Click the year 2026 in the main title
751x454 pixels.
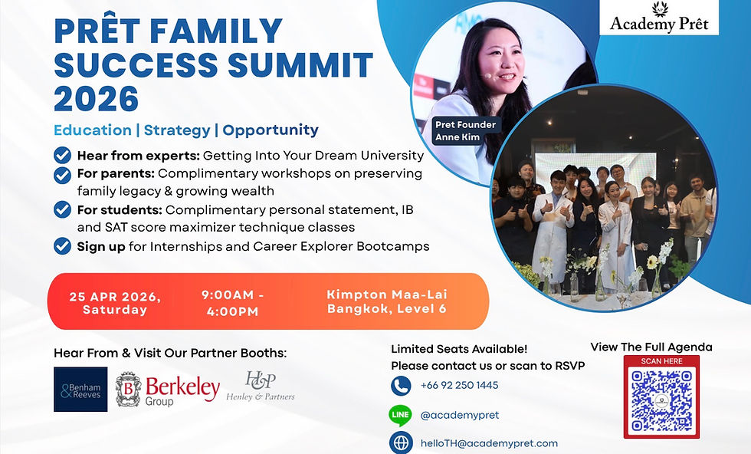tap(97, 99)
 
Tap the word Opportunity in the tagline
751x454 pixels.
tap(271, 130)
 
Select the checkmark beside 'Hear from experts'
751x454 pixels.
tap(63, 156)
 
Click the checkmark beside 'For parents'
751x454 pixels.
tap(63, 174)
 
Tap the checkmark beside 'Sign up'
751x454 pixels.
tap(63, 247)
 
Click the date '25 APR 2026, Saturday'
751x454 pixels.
tap(116, 302)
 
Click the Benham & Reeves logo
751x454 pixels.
tap(80, 390)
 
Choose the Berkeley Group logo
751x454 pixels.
tap(168, 390)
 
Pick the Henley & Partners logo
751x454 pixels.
tap(261, 387)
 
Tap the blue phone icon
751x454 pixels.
tap(401, 385)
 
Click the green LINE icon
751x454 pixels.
tap(401, 415)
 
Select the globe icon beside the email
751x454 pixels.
tap(401, 442)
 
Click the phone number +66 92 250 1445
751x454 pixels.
tap(459, 385)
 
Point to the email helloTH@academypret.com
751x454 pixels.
tap(489, 442)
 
